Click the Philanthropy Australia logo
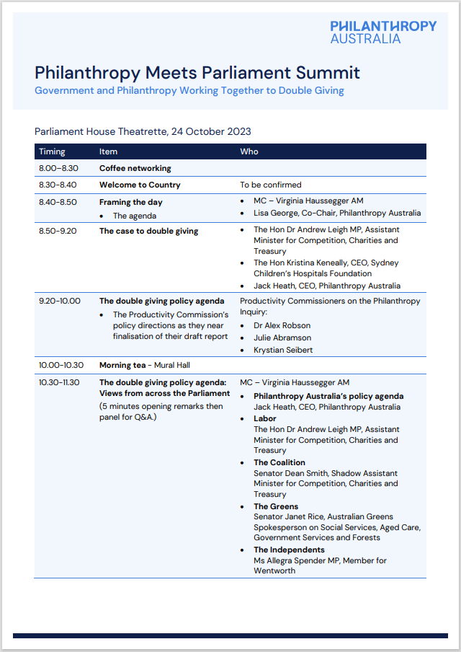383,32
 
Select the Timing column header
52,151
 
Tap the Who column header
249,151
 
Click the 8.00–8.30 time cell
58,168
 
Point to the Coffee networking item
135,168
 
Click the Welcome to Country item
140,185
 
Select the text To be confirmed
270,185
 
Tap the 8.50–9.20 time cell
58,231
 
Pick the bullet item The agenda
134,216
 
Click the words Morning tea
123,365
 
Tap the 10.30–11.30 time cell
60,382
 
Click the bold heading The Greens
276,506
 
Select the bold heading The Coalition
279,462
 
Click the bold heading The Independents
289,550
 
